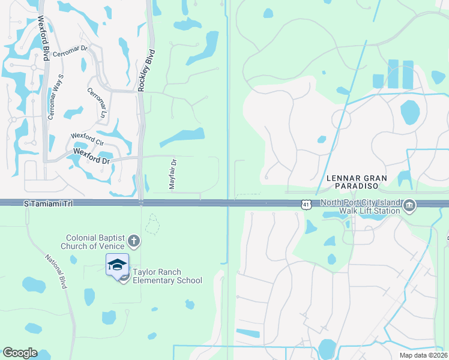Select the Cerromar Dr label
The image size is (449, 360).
(70, 52)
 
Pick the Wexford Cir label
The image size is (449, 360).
(87, 139)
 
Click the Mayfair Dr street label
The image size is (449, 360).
(173, 175)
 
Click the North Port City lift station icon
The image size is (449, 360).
(409, 206)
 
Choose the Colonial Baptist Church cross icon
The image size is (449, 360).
(133, 241)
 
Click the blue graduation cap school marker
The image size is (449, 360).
(117, 265)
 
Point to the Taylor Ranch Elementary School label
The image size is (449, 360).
(167, 276)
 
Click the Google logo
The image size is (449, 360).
(20, 353)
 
